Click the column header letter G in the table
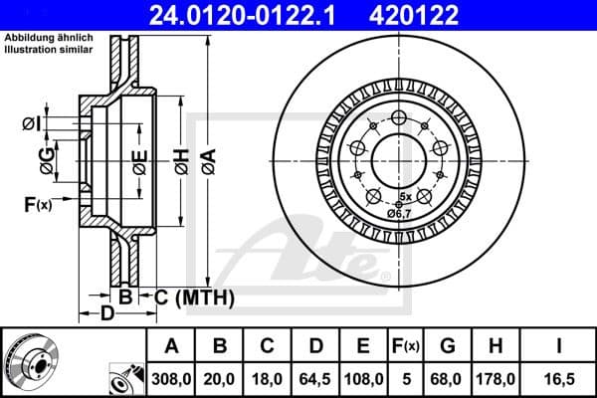448,346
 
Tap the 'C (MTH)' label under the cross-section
193,297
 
